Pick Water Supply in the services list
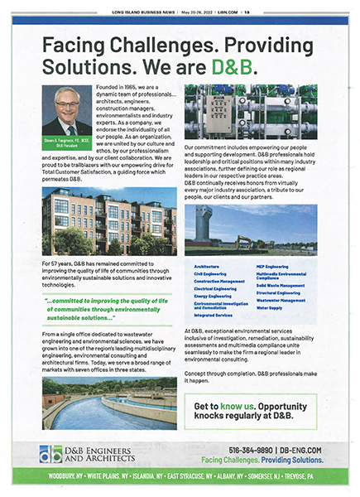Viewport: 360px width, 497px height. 269,307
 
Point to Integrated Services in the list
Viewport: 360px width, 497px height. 213,316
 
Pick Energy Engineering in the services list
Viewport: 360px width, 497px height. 214,295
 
